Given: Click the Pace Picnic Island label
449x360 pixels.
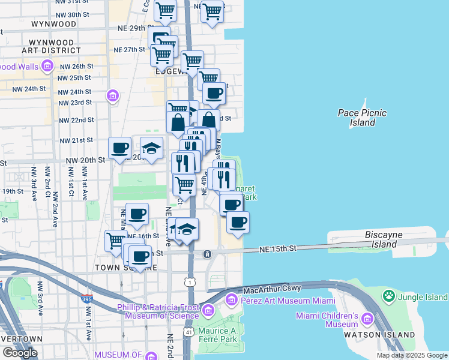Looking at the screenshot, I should [x=362, y=118].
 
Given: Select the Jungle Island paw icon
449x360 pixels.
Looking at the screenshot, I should [x=389, y=296].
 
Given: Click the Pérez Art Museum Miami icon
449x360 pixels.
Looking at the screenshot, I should [x=232, y=299].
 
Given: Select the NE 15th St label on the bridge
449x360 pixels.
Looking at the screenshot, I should [x=278, y=248].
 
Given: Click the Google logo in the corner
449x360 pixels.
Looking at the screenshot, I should [x=20, y=352].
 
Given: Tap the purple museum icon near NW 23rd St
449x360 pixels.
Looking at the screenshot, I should [x=112, y=95].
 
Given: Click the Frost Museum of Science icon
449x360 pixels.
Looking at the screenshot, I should [x=208, y=310].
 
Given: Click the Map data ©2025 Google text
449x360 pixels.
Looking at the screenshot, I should [x=412, y=355].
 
